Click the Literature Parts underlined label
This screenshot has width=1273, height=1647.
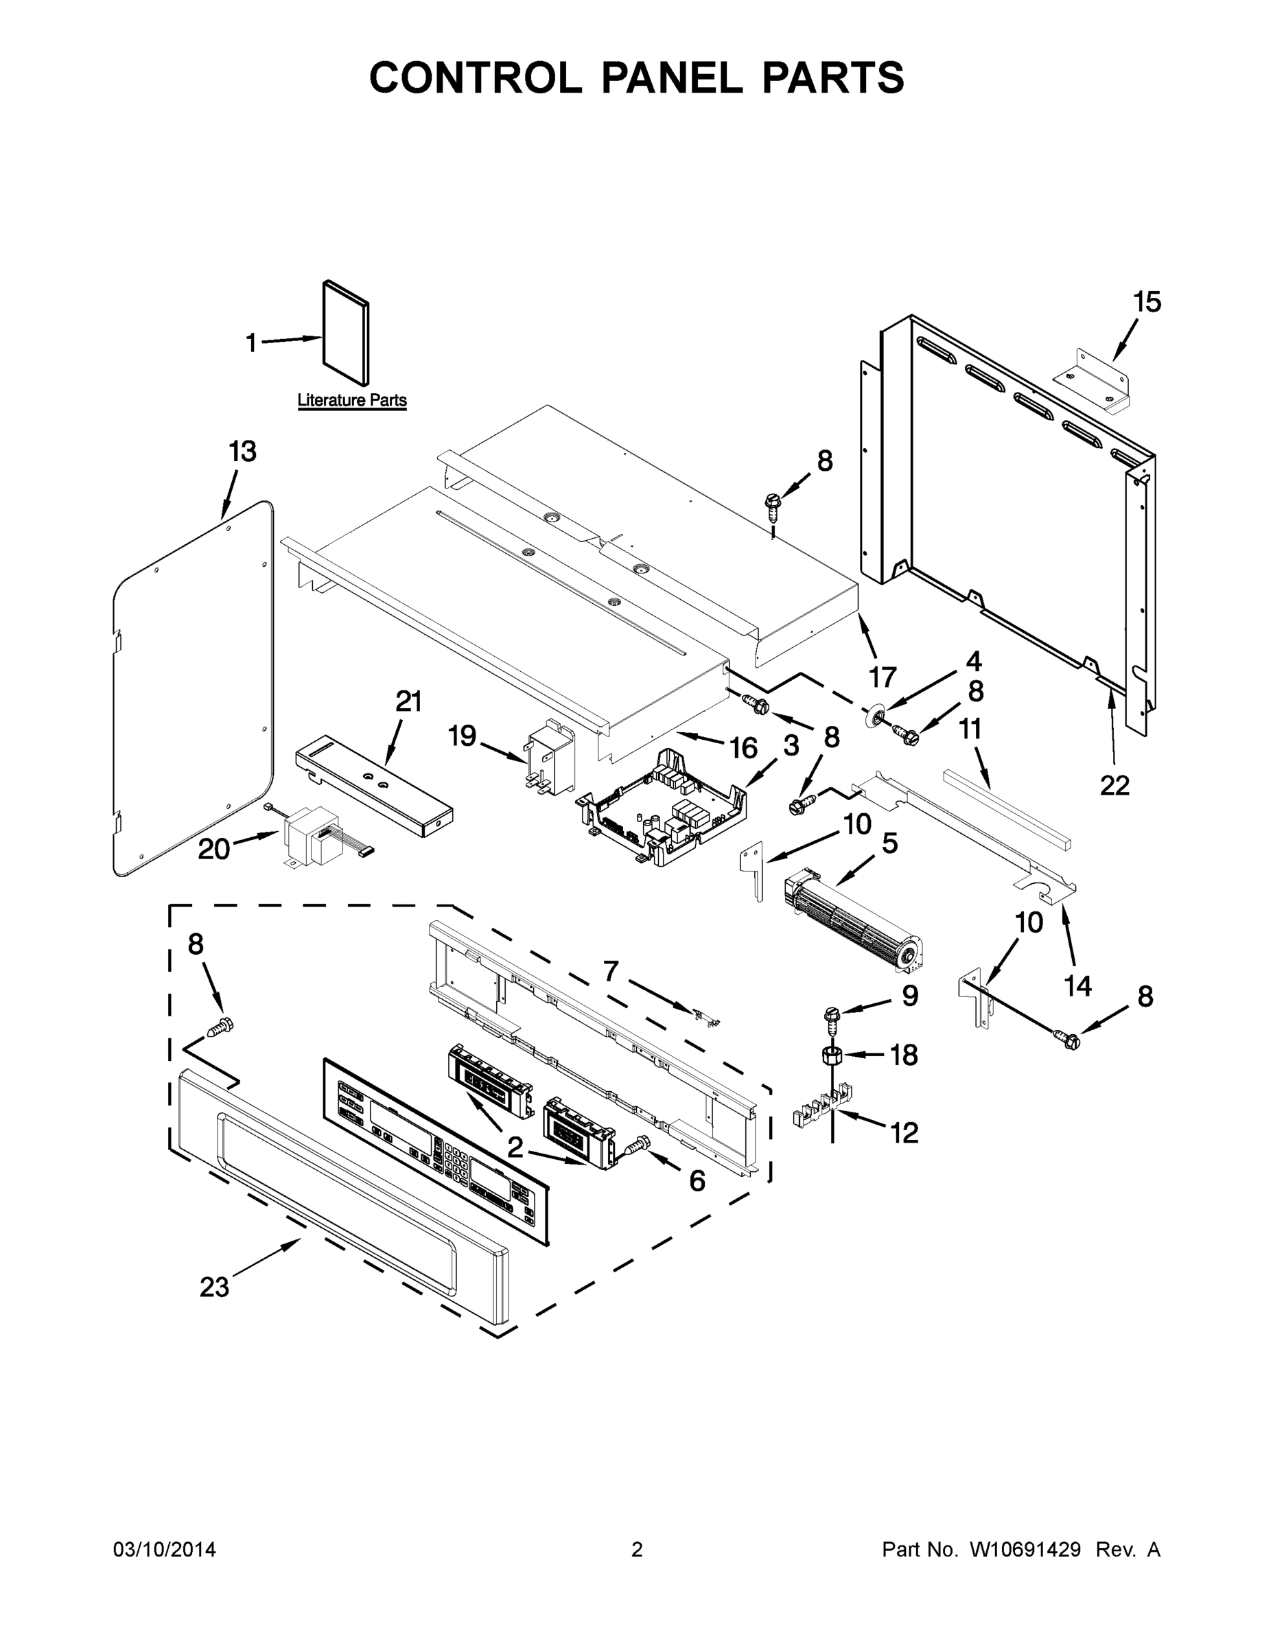pos(351,401)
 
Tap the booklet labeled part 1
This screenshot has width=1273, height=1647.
pos(346,334)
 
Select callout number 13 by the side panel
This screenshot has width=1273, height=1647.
pos(243,452)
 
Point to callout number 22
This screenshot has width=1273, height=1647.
pos(1114,785)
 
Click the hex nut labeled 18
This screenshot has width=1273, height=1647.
pos(831,1055)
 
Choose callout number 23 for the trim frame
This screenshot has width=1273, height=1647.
pos(214,1287)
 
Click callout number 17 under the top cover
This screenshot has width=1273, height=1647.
pos(882,677)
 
